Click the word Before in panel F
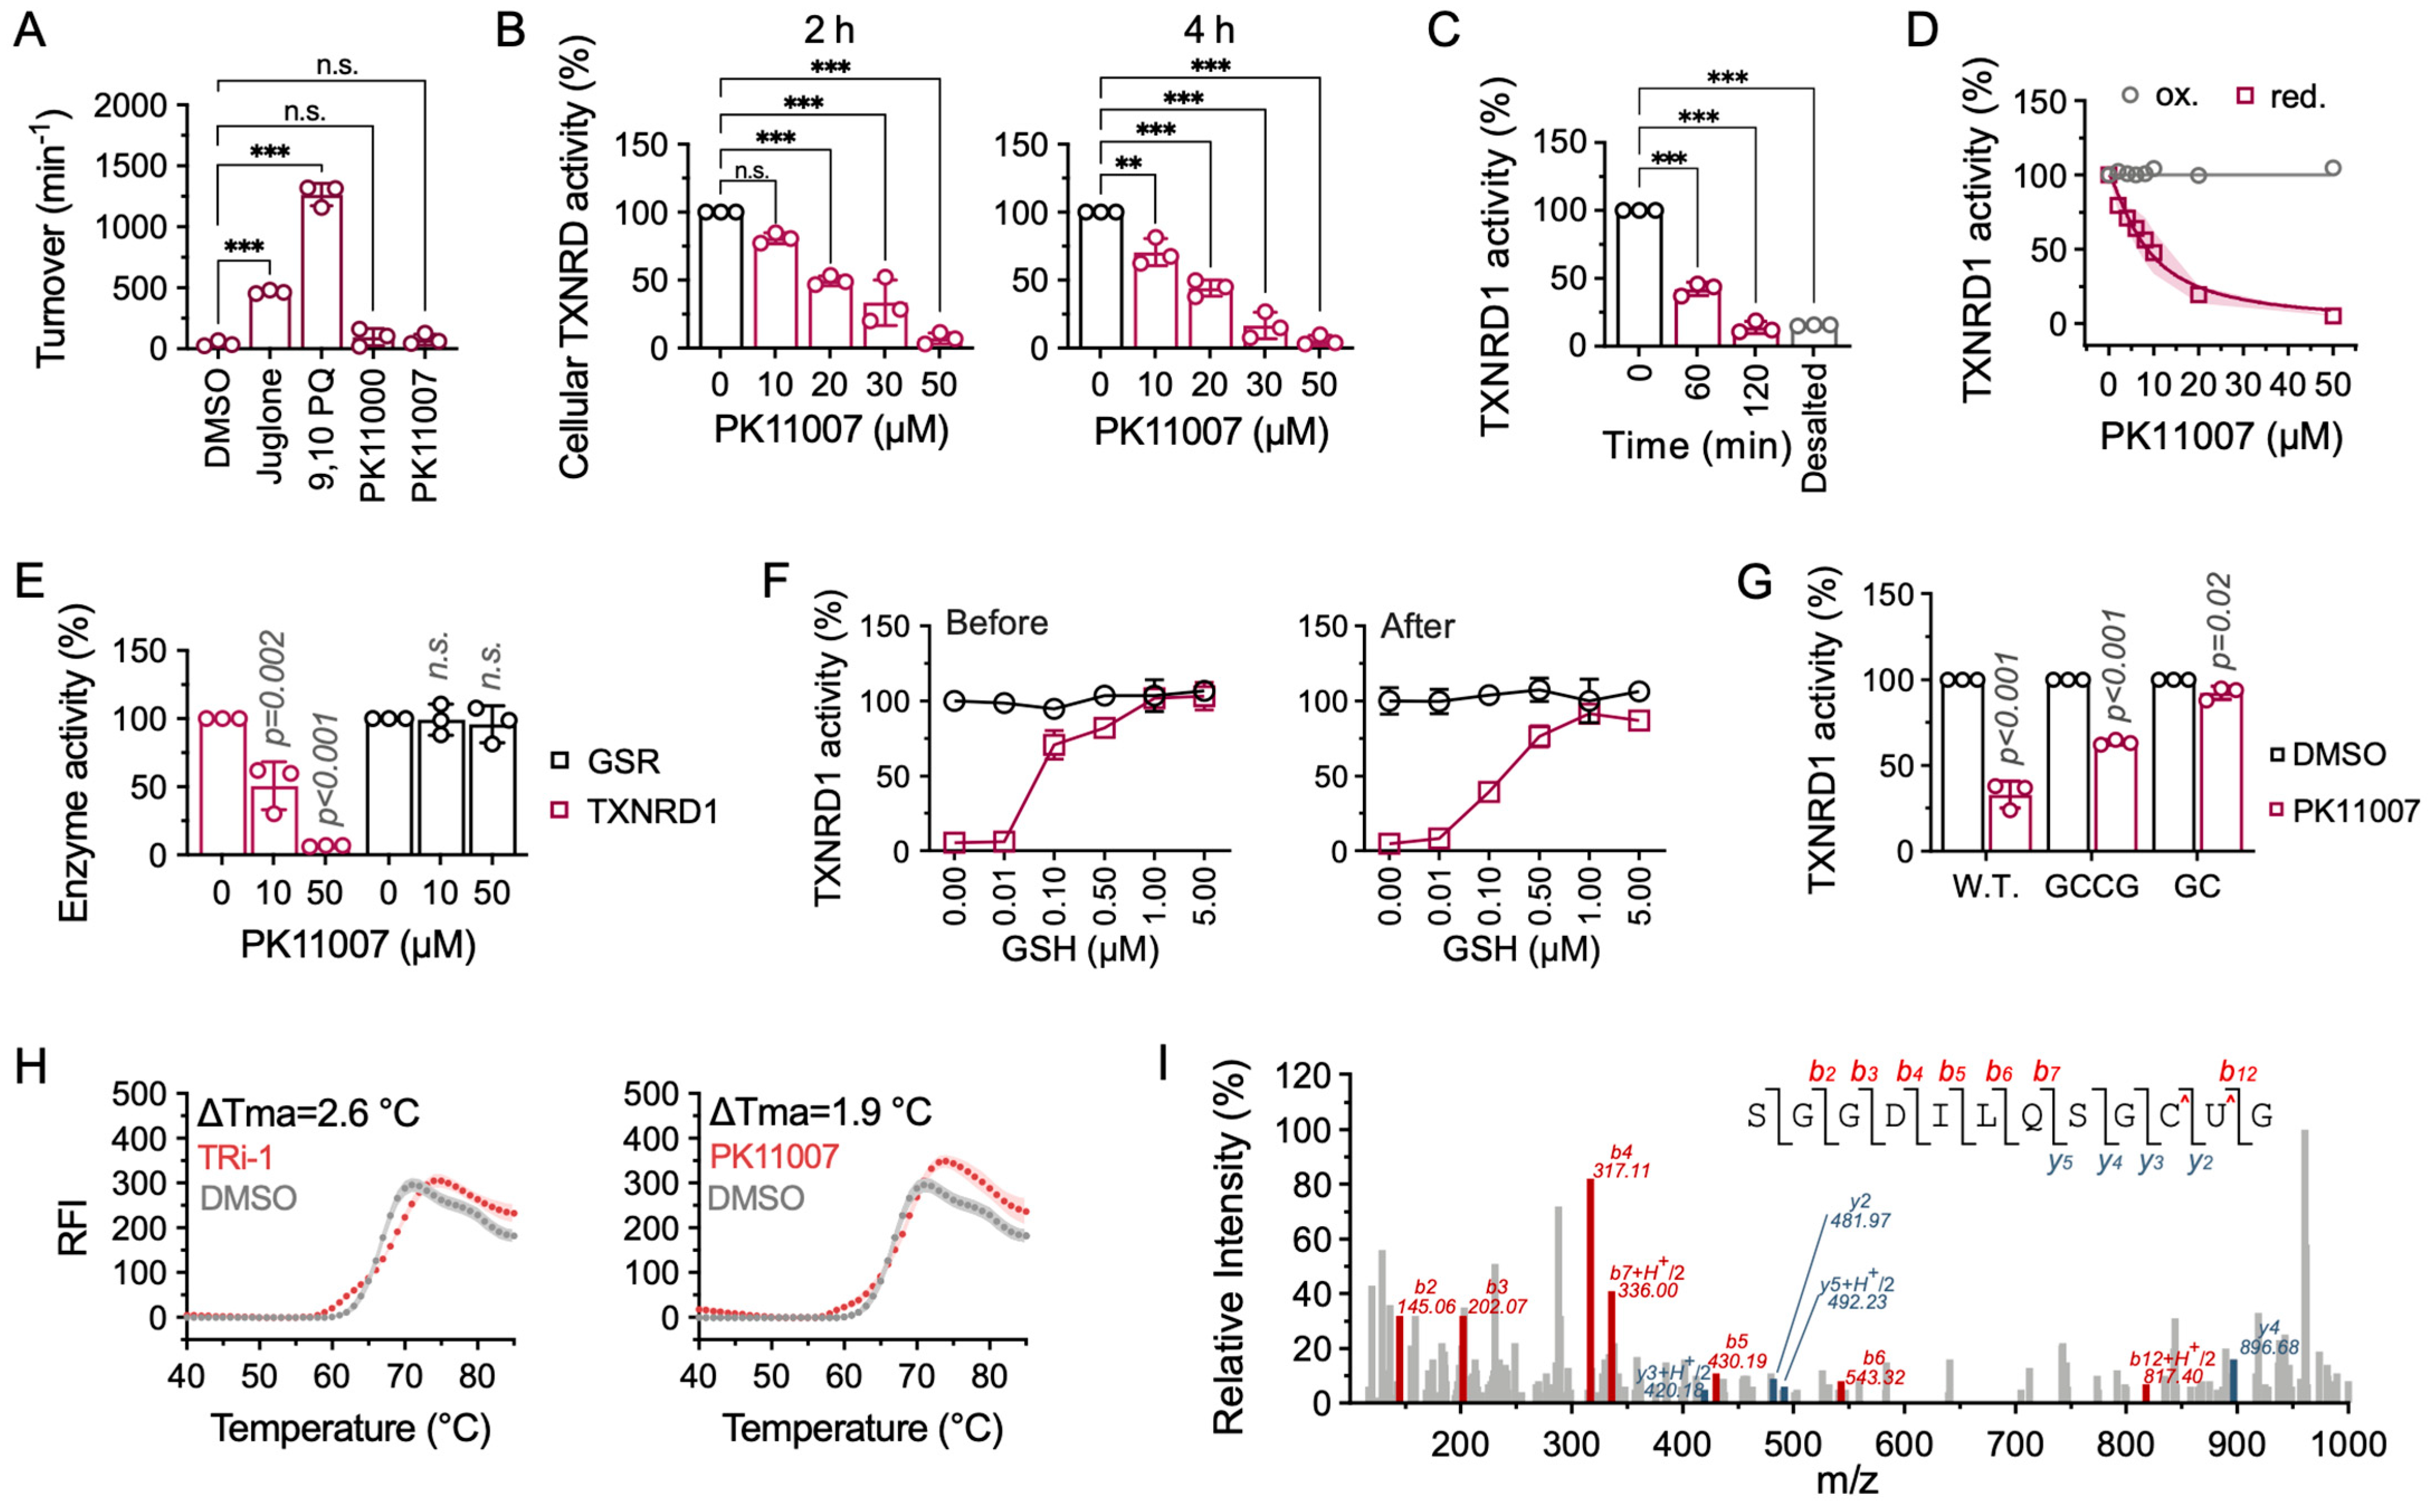[996, 623]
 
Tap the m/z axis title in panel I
[1846, 1481]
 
